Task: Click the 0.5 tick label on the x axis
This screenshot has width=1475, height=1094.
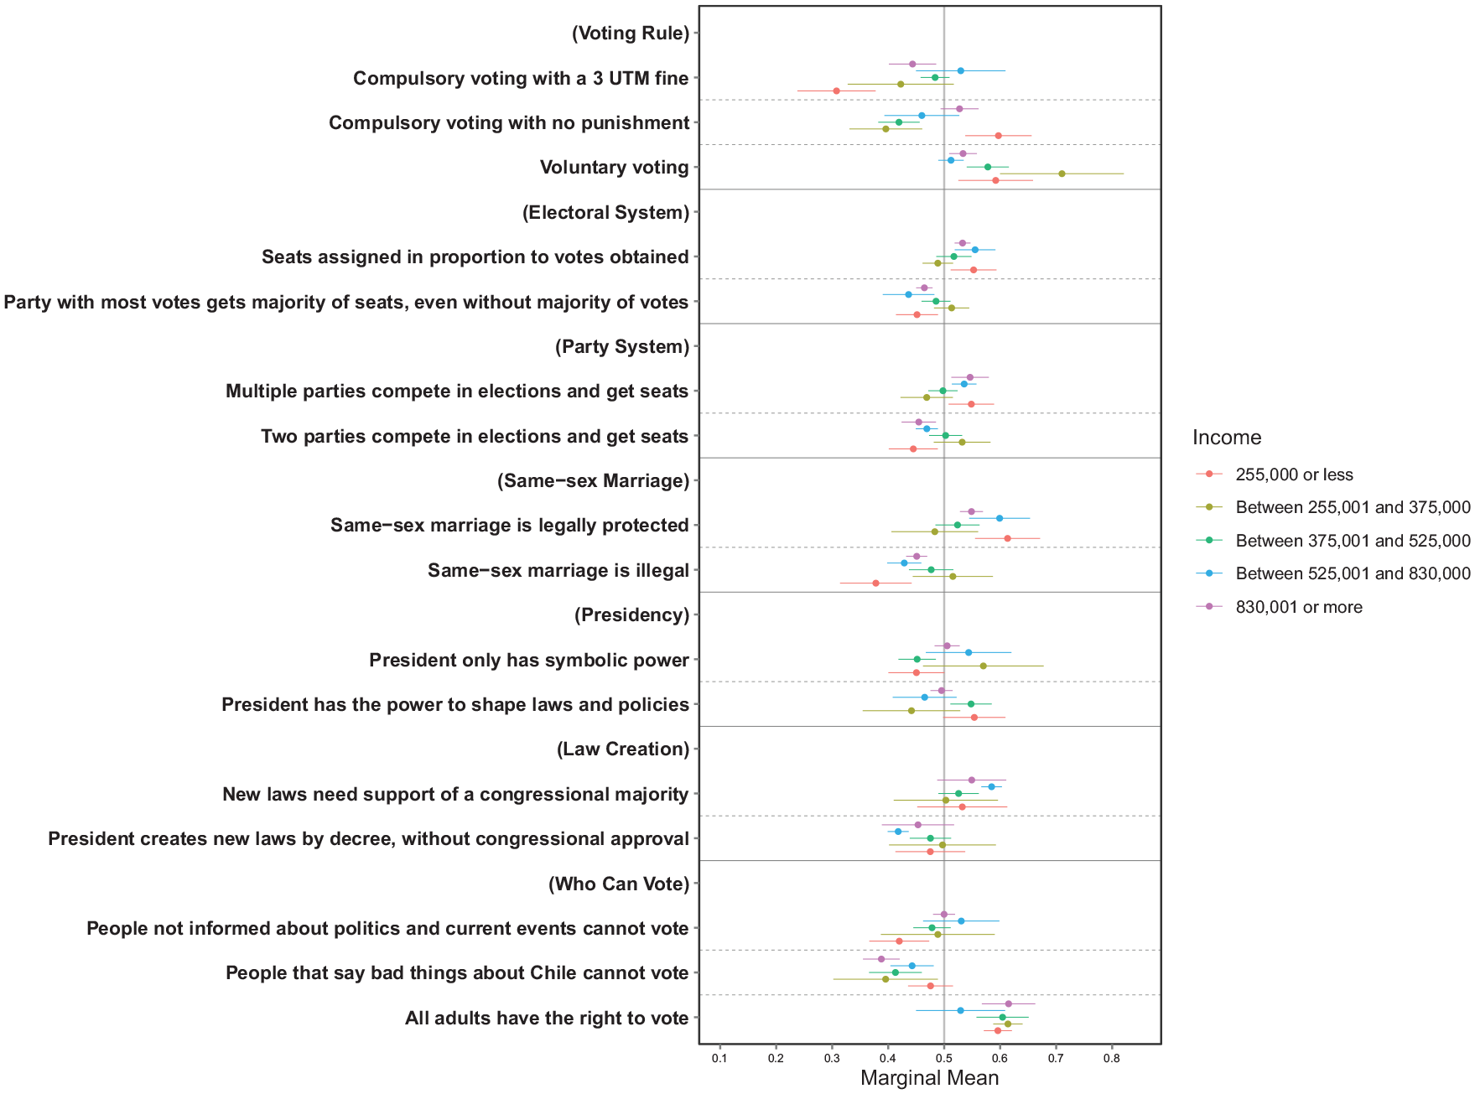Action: pos(943,1059)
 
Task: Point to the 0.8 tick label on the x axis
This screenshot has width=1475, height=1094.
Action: pos(1112,1059)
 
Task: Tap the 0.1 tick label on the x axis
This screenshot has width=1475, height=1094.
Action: pos(719,1059)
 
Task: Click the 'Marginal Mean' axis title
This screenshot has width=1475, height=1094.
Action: pos(929,1078)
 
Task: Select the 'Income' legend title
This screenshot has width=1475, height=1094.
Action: pos(1227,438)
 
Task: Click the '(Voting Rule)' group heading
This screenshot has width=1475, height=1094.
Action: pos(631,34)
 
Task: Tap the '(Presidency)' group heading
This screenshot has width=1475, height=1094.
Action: pos(632,615)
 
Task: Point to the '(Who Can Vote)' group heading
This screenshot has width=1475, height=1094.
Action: pos(619,884)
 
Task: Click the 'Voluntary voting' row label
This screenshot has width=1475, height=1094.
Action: pos(615,168)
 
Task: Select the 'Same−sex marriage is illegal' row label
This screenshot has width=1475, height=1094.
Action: pos(558,571)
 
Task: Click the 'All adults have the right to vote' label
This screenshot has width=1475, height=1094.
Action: pos(547,1019)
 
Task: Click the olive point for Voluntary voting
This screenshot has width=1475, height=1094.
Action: pos(1062,174)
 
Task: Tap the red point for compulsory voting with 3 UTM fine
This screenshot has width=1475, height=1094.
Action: pos(836,91)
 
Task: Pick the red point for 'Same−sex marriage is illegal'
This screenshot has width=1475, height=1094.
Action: pos(875,583)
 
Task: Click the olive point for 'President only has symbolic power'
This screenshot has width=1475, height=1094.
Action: pos(983,666)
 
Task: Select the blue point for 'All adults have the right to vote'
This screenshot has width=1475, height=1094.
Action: pos(960,1010)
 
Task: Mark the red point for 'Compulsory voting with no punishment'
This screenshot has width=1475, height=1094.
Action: pos(998,135)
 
